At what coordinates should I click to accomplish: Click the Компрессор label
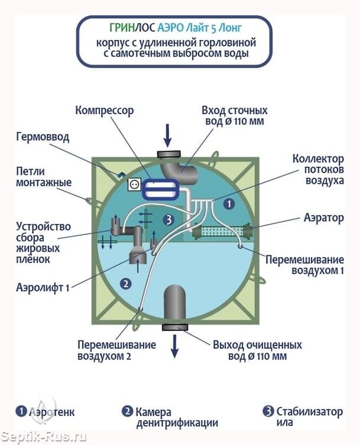[x=104, y=111]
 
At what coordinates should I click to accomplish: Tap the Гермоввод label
[x=43, y=137]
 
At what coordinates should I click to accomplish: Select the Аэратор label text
[x=324, y=218]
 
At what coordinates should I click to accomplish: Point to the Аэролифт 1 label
[x=43, y=287]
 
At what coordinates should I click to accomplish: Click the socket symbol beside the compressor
[x=133, y=185]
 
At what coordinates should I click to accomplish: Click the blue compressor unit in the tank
[x=160, y=190]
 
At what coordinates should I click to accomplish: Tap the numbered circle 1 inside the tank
[x=229, y=204]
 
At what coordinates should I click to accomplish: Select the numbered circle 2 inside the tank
[x=126, y=283]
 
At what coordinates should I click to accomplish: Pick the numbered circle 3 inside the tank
[x=169, y=220]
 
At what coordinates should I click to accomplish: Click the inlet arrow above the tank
[x=168, y=135]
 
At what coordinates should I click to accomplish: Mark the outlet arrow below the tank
[x=175, y=346]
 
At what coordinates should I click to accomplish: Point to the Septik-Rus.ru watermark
[x=43, y=437]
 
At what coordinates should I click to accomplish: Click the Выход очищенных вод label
[x=257, y=350]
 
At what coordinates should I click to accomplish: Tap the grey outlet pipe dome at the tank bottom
[x=175, y=304]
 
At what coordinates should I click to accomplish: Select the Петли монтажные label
[x=44, y=177]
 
